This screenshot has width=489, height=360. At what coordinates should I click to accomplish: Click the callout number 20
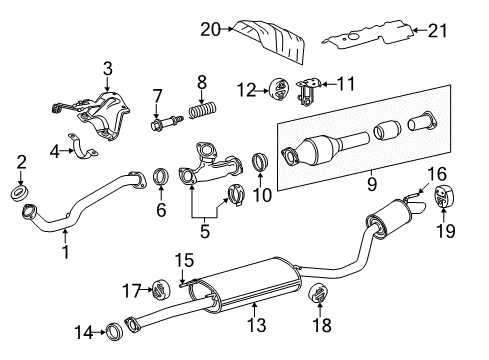tap(208, 30)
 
